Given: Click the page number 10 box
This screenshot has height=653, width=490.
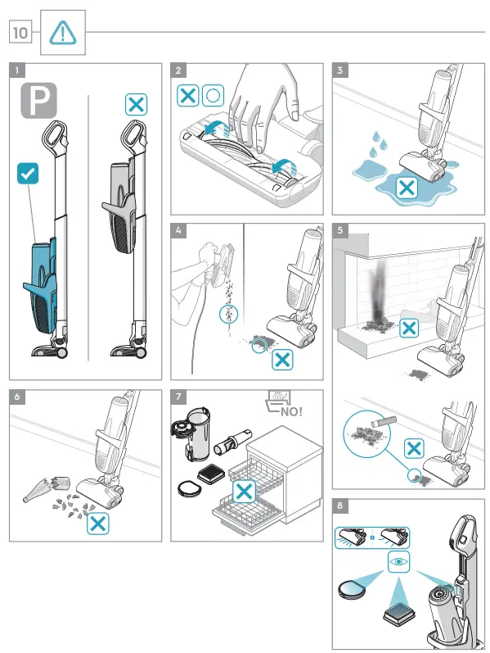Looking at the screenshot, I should (20, 33).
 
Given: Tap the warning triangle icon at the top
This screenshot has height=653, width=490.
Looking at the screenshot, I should (61, 32).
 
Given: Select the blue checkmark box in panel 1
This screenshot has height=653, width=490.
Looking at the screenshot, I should (27, 173).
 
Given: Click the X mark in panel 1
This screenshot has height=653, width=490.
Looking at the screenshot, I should (136, 104).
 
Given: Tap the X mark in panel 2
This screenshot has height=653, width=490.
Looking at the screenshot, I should (188, 94).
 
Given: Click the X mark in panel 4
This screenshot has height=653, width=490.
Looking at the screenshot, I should (283, 358).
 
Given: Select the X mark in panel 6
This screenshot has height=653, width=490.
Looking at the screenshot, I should (98, 524).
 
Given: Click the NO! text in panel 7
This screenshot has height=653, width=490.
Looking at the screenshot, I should (292, 410).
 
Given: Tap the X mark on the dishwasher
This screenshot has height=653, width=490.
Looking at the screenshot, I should (243, 492).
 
